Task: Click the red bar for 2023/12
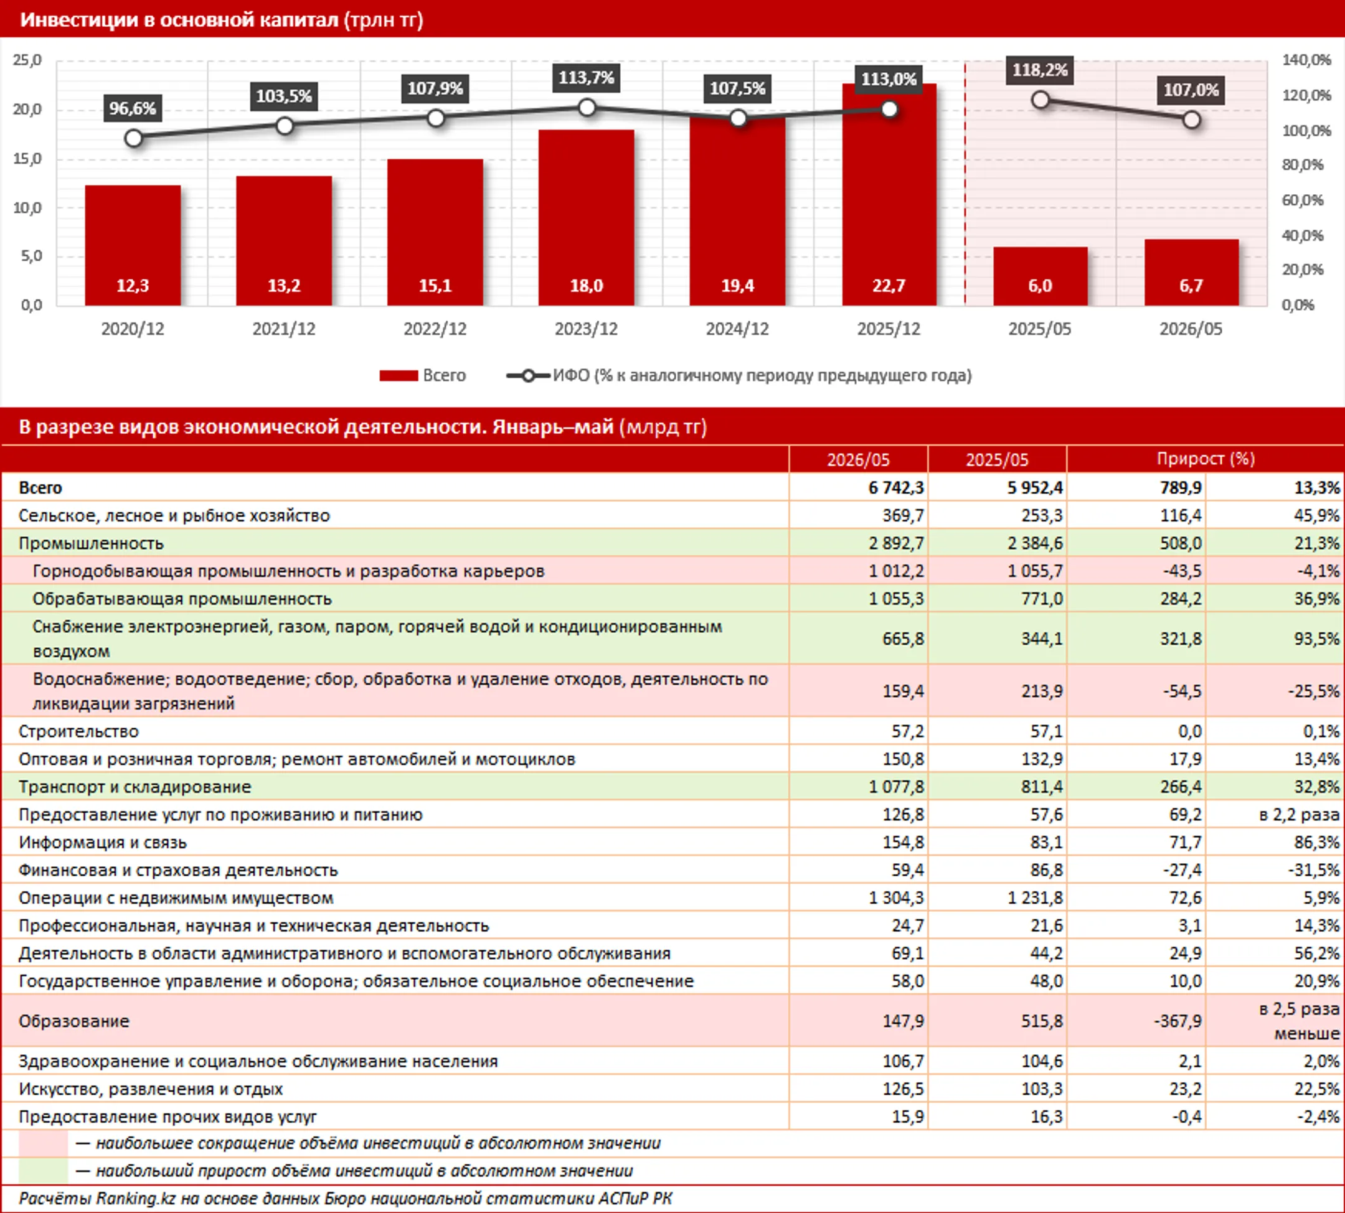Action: click(x=586, y=217)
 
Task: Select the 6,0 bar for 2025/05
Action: click(x=1041, y=276)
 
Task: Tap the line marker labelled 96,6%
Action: click(x=133, y=138)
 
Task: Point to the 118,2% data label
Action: click(x=1041, y=70)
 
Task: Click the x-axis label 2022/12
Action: click(x=435, y=329)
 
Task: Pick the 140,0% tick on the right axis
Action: click(x=1306, y=60)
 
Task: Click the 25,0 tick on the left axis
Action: click(x=27, y=60)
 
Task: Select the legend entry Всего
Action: click(x=423, y=375)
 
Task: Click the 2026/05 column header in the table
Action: click(x=858, y=459)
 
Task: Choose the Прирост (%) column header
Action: click(x=1206, y=459)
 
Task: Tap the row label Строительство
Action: click(x=78, y=731)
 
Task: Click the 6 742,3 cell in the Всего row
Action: click(x=896, y=488)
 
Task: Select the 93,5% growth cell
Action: click(x=1317, y=639)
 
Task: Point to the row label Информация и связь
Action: click(x=103, y=843)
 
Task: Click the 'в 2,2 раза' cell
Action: click(x=1299, y=815)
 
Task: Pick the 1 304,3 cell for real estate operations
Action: click(x=896, y=897)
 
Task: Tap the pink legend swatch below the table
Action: click(x=44, y=1144)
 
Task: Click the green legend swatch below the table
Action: click(x=44, y=1171)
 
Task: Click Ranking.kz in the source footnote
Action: click(x=136, y=1198)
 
